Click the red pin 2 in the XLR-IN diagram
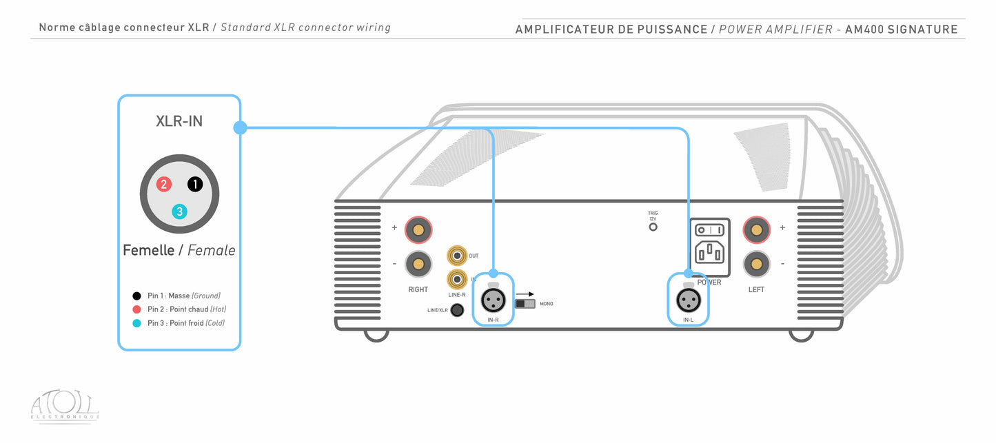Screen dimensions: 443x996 [x=163, y=184]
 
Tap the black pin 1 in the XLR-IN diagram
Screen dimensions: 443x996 [x=195, y=184]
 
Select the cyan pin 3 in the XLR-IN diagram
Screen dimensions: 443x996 [x=179, y=212]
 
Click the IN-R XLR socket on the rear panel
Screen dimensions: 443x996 [x=493, y=299]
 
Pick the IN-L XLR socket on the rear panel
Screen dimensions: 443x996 [x=688, y=300]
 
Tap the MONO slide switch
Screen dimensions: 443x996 [x=525, y=304]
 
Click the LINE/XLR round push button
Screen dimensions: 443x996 [x=456, y=310]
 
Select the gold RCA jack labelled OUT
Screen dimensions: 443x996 [x=456, y=256]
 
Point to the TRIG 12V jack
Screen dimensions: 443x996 [x=653, y=227]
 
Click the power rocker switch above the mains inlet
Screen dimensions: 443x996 [x=709, y=229]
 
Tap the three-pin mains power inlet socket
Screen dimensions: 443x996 [x=709, y=253]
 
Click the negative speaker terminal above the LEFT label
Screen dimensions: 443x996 [x=756, y=263]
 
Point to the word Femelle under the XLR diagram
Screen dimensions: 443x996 [x=148, y=250]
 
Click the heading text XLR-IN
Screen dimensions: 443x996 [x=179, y=122]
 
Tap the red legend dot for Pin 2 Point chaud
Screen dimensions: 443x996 [x=137, y=309]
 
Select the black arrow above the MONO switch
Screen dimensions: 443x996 [x=526, y=293]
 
